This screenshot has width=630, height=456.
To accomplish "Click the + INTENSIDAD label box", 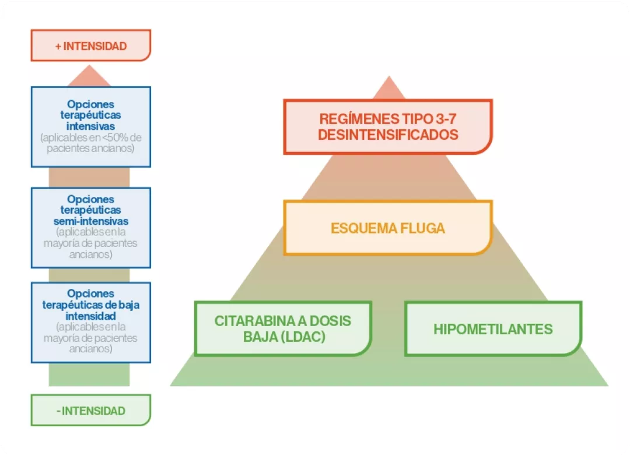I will click(x=90, y=45).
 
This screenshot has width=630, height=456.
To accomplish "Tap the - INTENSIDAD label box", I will click(x=90, y=411).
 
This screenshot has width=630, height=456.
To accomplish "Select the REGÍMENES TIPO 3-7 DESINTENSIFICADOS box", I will click(x=388, y=126).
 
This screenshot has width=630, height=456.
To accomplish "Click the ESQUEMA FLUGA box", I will click(x=388, y=228).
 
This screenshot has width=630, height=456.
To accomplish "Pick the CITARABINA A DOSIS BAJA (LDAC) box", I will click(x=283, y=328).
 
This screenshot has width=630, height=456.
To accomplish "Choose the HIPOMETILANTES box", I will click(x=493, y=329).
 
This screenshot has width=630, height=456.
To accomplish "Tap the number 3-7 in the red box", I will click(x=445, y=119).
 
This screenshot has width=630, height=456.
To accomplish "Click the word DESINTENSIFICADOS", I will click(x=388, y=135).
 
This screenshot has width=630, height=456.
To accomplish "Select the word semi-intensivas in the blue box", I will click(x=90, y=221).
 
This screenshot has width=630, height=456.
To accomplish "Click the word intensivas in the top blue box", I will click(x=90, y=126).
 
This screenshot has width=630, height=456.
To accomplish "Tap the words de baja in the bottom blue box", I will click(x=125, y=305).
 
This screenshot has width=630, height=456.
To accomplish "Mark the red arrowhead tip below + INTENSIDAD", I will click(x=90, y=68).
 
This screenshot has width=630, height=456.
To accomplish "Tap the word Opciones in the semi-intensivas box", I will click(x=90, y=199).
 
